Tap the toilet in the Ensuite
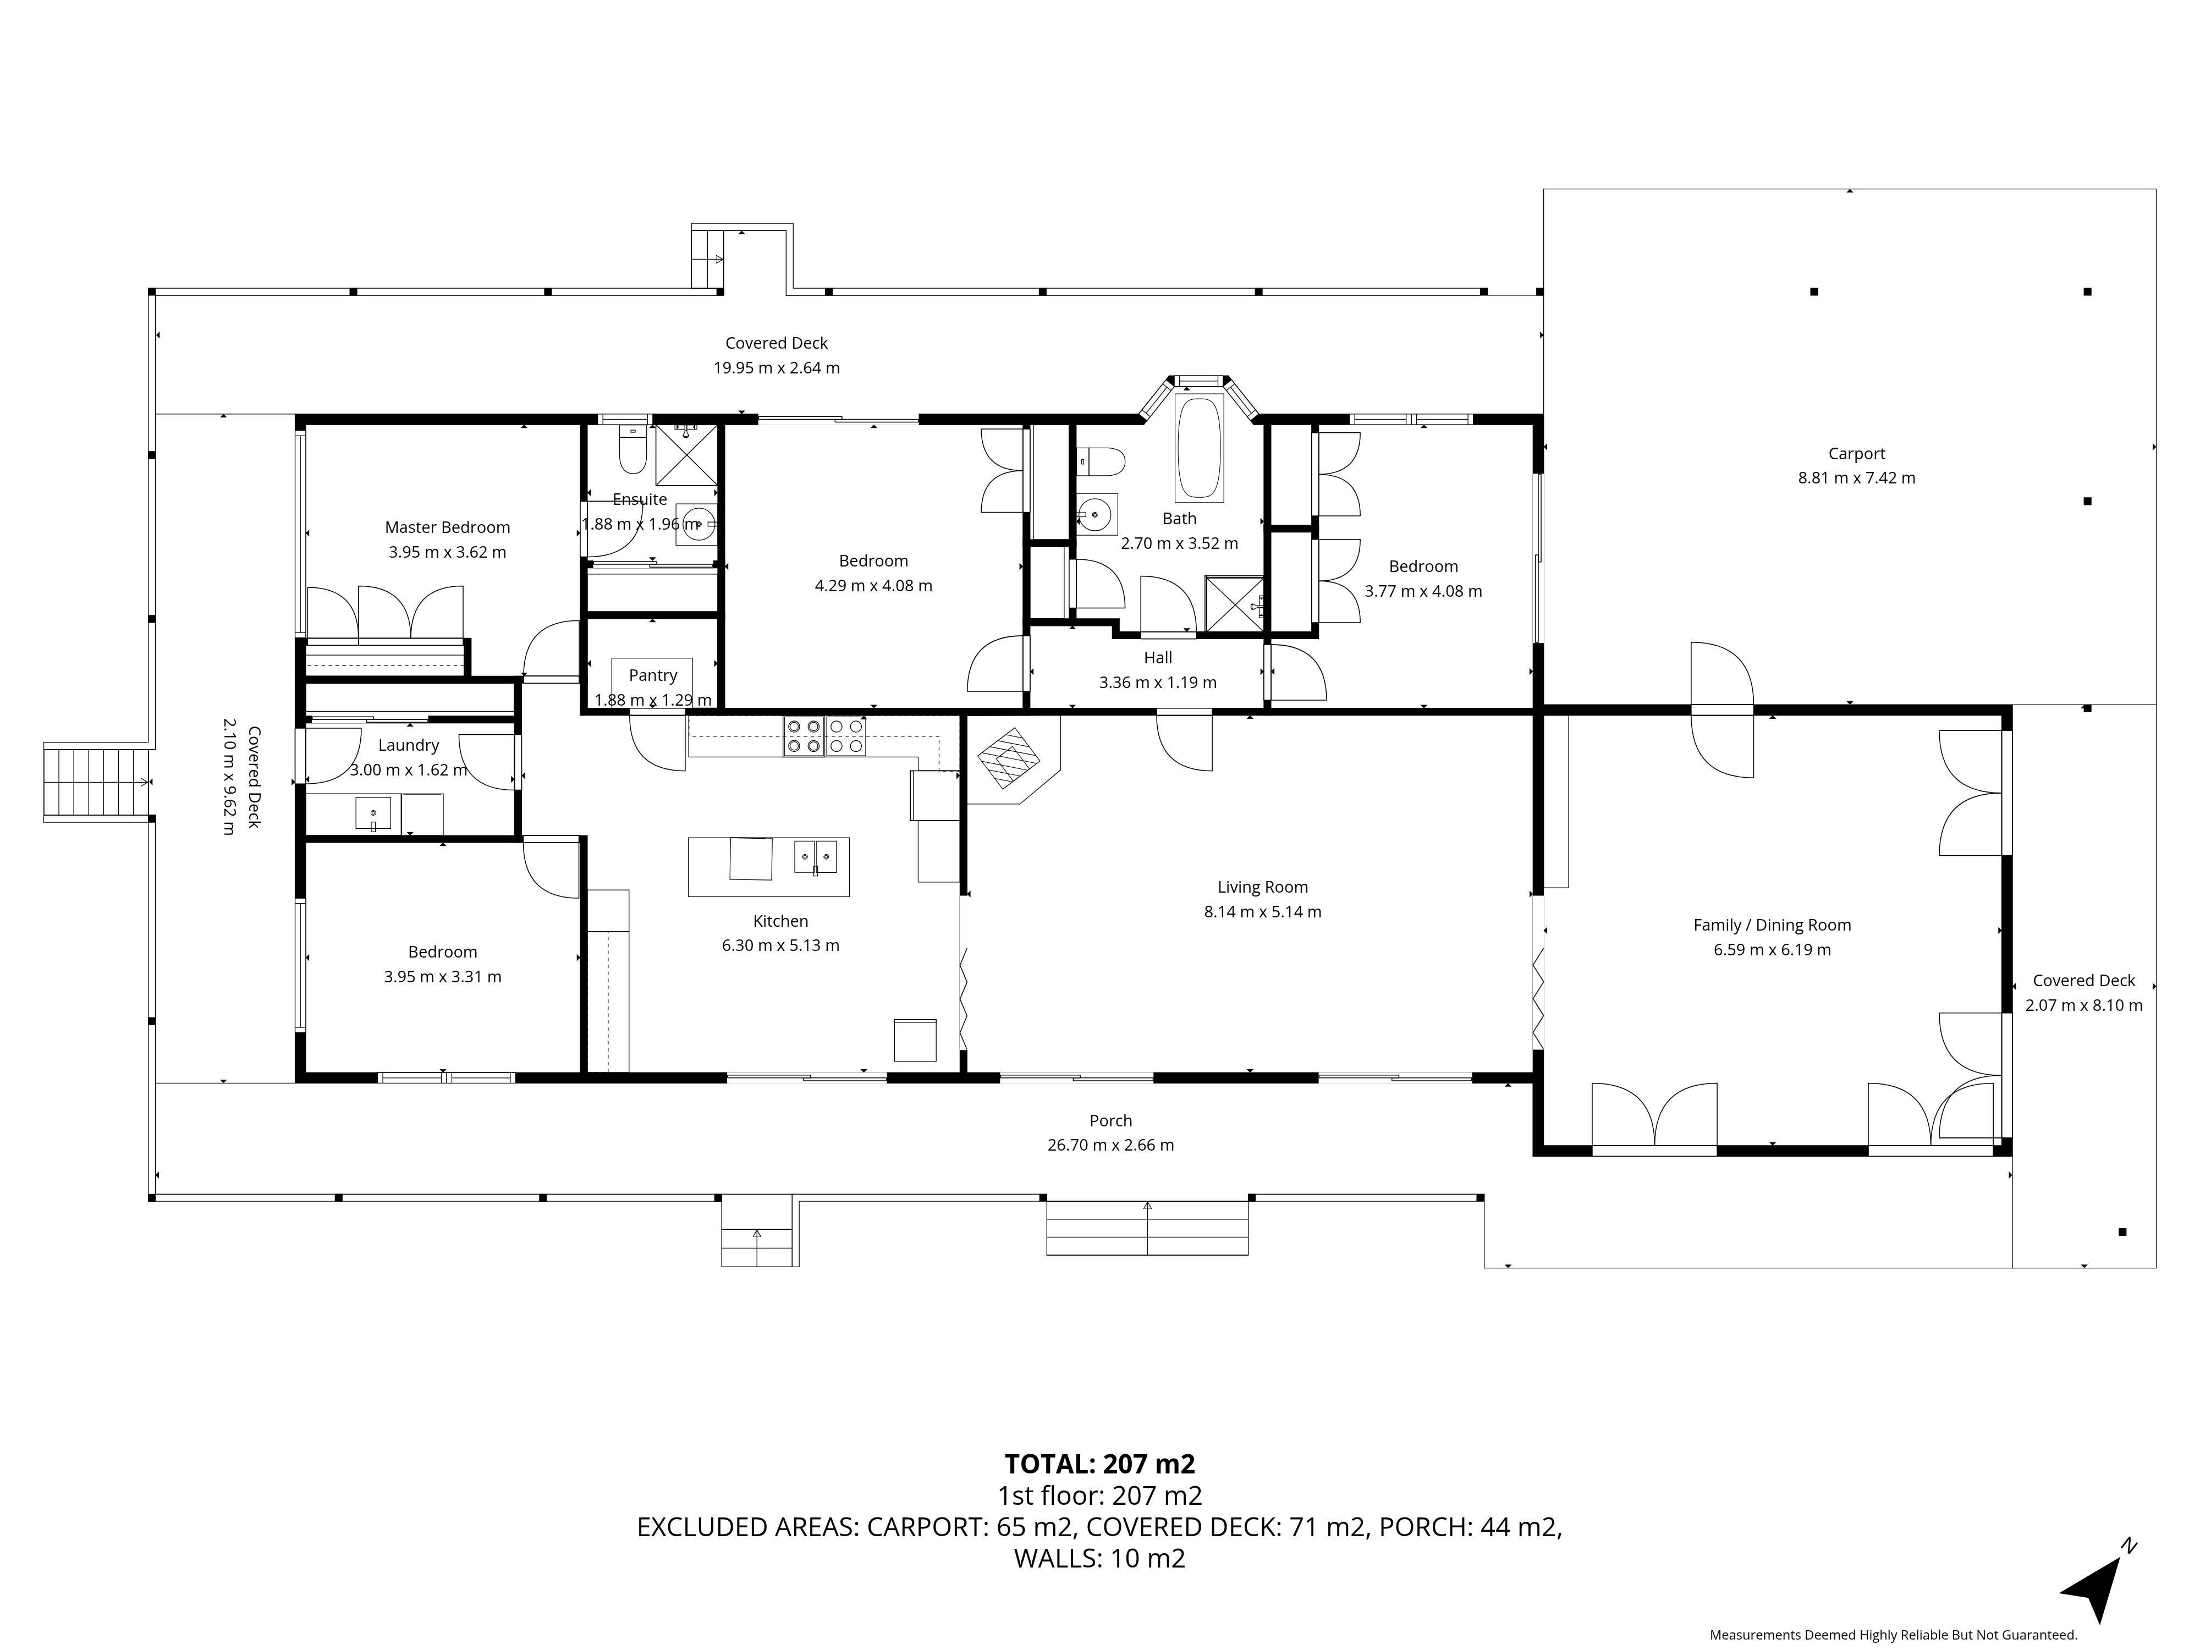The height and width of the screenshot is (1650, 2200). pos(632,449)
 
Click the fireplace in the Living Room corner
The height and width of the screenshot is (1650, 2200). pos(1009,758)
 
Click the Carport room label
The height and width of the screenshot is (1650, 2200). pos(1856,454)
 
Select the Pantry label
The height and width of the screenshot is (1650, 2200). pos(652,675)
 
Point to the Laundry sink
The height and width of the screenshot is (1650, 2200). pos(373,813)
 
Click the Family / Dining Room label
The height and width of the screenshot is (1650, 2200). pos(1772,925)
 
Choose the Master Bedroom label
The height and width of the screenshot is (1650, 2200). pos(448,527)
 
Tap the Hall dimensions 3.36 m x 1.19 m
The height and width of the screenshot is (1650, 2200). pos(1158,683)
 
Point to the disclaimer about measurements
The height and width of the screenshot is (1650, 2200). pos(1893,1634)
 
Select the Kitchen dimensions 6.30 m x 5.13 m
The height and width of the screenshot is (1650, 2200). pos(781,946)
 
